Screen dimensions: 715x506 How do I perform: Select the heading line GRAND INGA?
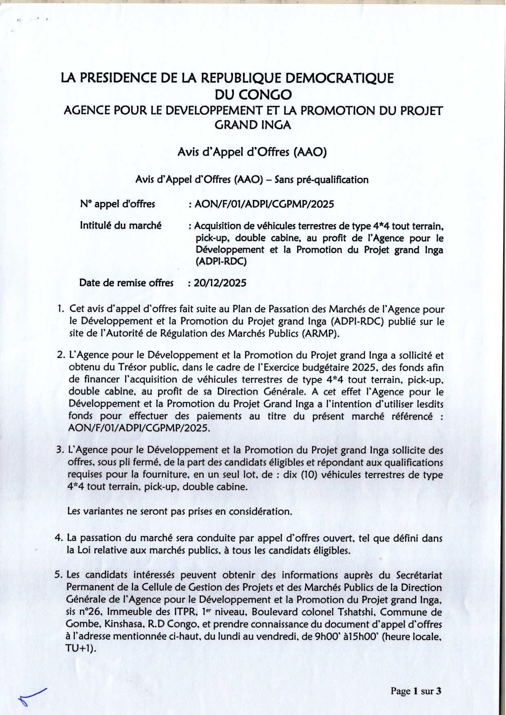click(253, 125)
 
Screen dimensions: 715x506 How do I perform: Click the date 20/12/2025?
click(220, 283)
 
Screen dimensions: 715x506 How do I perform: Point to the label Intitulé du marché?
click(120, 225)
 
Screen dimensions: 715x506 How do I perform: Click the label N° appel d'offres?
click(118, 204)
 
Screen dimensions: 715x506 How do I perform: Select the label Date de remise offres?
click(126, 283)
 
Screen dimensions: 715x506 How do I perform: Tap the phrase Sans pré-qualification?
click(322, 179)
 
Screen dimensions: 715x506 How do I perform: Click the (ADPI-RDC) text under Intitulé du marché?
click(221, 261)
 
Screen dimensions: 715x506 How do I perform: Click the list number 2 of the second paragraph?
click(61, 355)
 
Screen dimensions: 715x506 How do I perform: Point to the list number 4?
click(58, 538)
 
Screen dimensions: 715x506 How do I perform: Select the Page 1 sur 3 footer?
click(416, 691)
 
